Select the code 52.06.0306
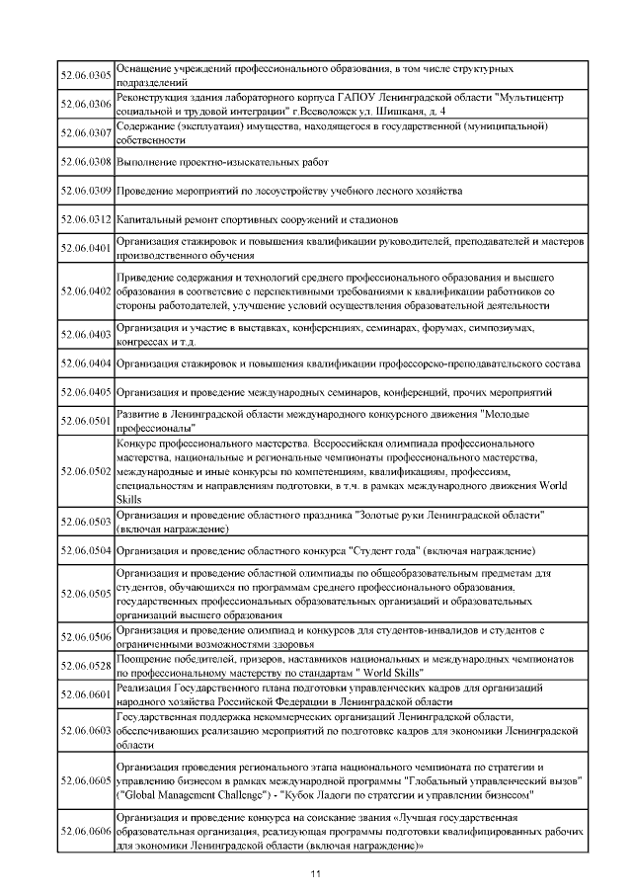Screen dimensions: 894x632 coord(86,104)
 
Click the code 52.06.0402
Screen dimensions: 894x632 coord(86,291)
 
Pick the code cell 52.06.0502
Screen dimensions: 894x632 coord(86,472)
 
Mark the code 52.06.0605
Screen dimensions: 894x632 coord(86,779)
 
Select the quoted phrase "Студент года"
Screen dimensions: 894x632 coord(391,549)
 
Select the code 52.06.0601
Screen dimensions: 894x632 coord(86,694)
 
